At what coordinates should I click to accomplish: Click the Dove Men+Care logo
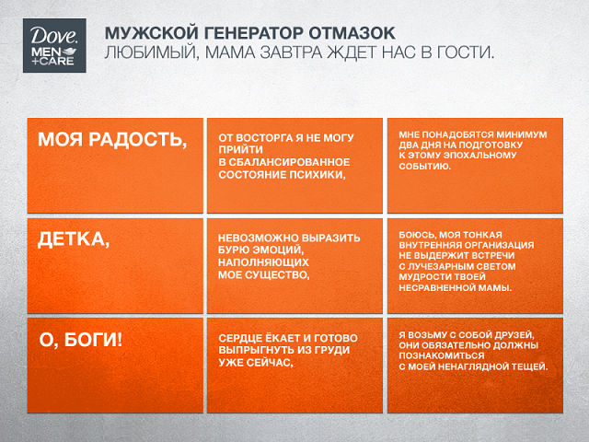54,45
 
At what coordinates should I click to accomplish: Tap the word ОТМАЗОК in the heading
352,33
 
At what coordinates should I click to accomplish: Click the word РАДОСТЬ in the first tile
137,140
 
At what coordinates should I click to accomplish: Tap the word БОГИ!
93,340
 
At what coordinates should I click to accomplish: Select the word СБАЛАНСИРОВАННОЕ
289,162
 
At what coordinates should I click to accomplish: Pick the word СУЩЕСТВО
277,275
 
